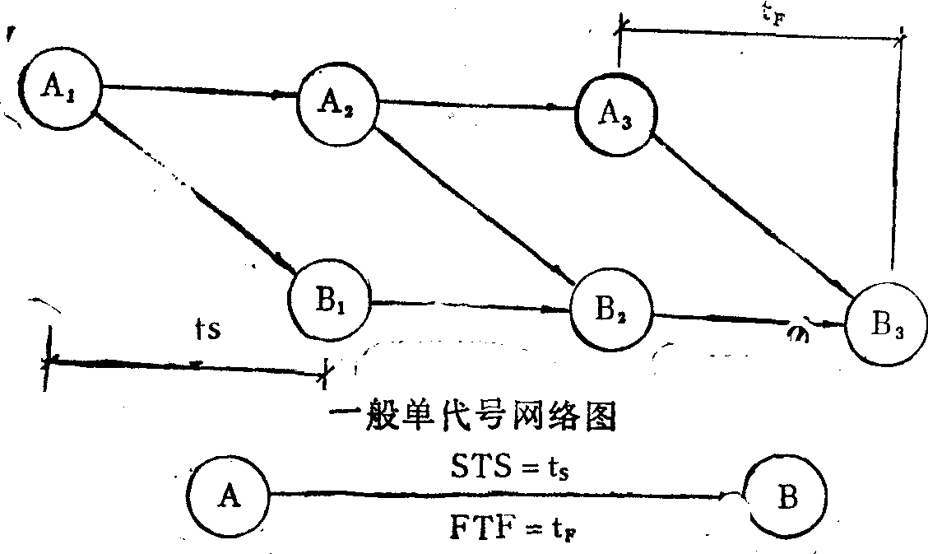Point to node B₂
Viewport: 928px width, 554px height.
point(610,310)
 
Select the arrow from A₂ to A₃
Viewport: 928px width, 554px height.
point(477,105)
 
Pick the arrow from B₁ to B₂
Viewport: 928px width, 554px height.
point(470,306)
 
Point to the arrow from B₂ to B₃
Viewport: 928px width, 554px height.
point(749,319)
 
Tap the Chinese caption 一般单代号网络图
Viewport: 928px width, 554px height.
point(472,416)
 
